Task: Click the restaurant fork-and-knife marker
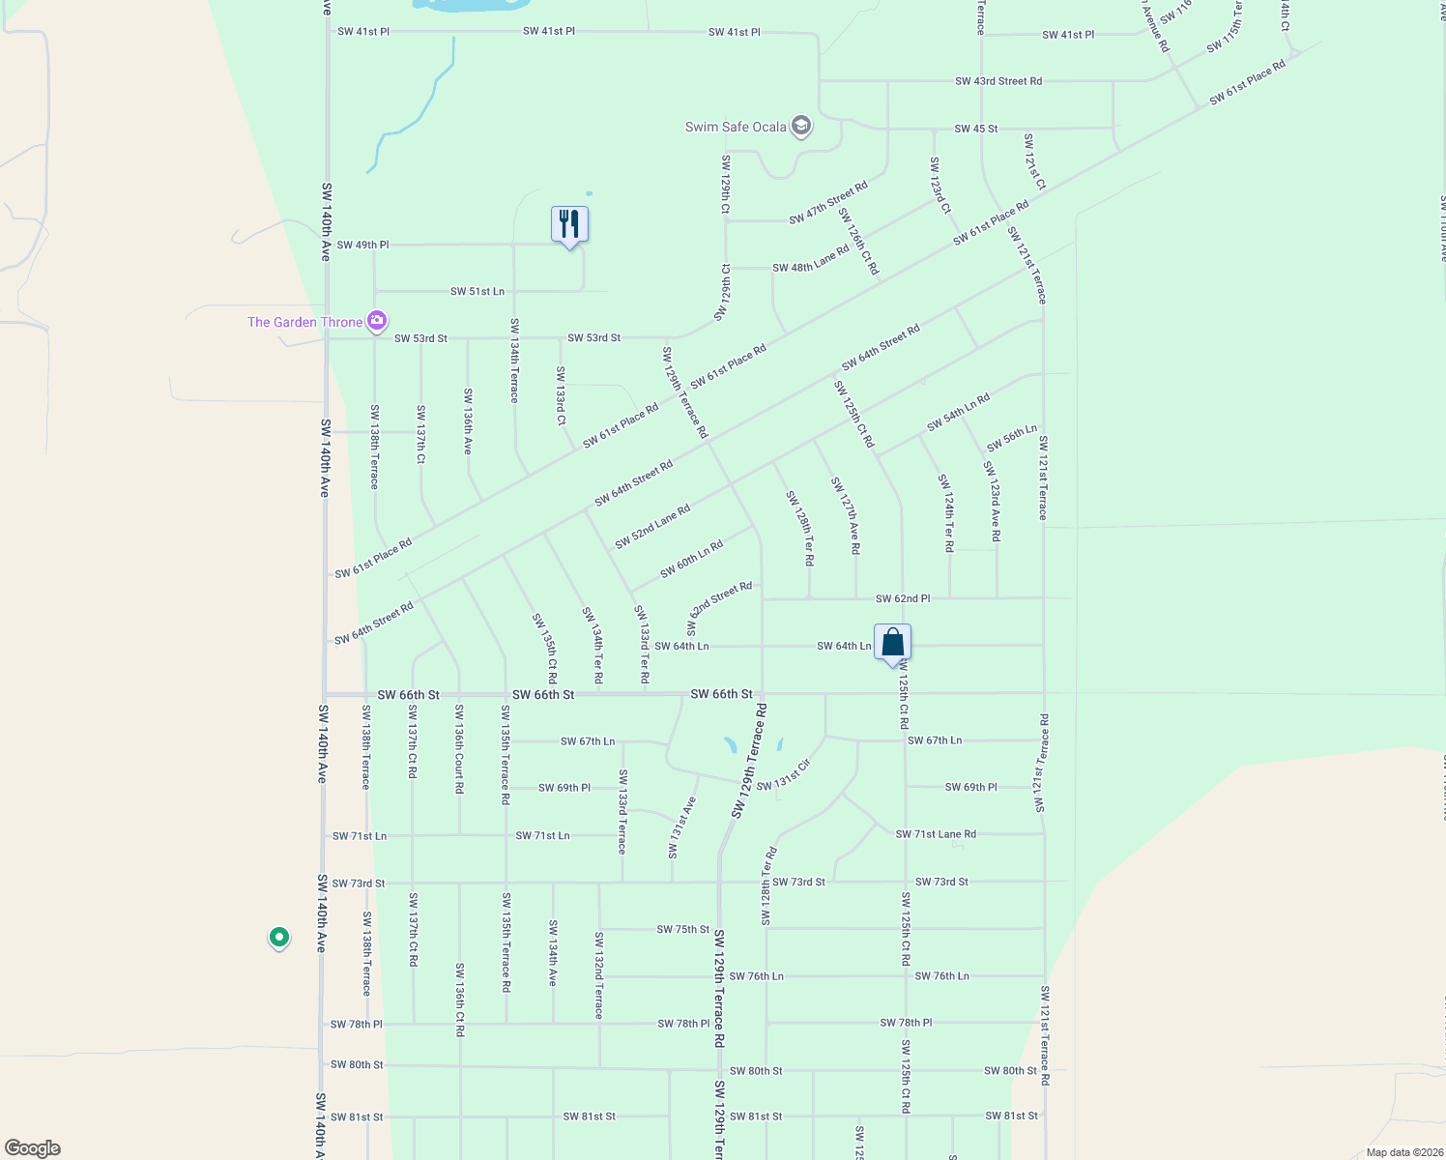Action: point(569,224)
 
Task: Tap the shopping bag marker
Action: point(892,643)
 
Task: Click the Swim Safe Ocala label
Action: point(736,127)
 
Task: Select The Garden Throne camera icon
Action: point(377,321)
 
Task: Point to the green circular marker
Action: point(278,937)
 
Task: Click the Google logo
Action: point(33,1148)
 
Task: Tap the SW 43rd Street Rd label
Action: point(998,81)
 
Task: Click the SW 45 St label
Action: point(975,129)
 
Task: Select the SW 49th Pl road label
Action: point(362,246)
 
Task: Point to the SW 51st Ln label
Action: point(477,292)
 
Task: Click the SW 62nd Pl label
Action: point(903,599)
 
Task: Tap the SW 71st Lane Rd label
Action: point(936,834)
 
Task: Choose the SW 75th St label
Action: point(683,930)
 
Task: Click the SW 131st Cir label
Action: point(783,776)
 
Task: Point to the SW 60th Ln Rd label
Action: point(692,560)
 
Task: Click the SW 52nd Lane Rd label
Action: point(652,527)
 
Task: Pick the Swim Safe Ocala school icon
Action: point(800,126)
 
